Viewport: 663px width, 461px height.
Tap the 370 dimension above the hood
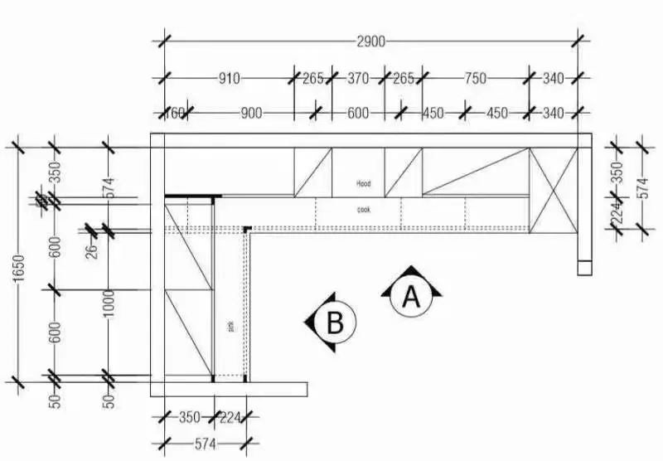[x=357, y=79]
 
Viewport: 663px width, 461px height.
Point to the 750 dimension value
[x=475, y=79]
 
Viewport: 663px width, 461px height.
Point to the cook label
[x=364, y=210]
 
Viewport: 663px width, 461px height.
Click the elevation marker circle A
[x=410, y=294]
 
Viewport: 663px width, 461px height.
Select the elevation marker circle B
[x=334, y=321]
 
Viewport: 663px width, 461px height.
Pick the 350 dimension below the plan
[x=189, y=417]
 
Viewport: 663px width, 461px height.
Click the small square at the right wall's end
[x=585, y=268]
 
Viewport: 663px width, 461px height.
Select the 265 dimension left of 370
[x=312, y=79]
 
